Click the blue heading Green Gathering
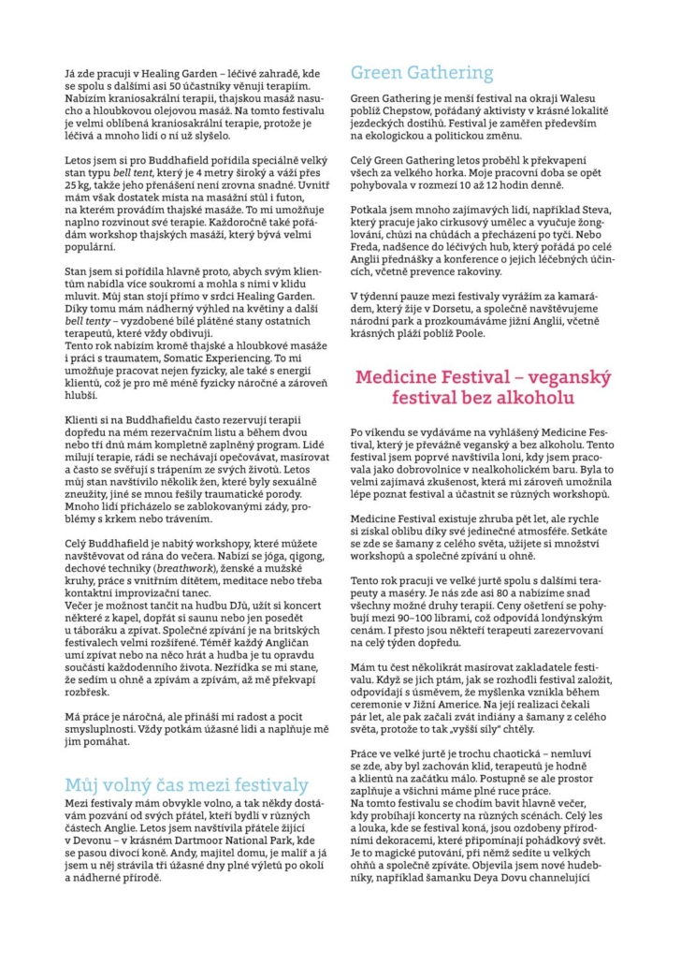tap(422, 72)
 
